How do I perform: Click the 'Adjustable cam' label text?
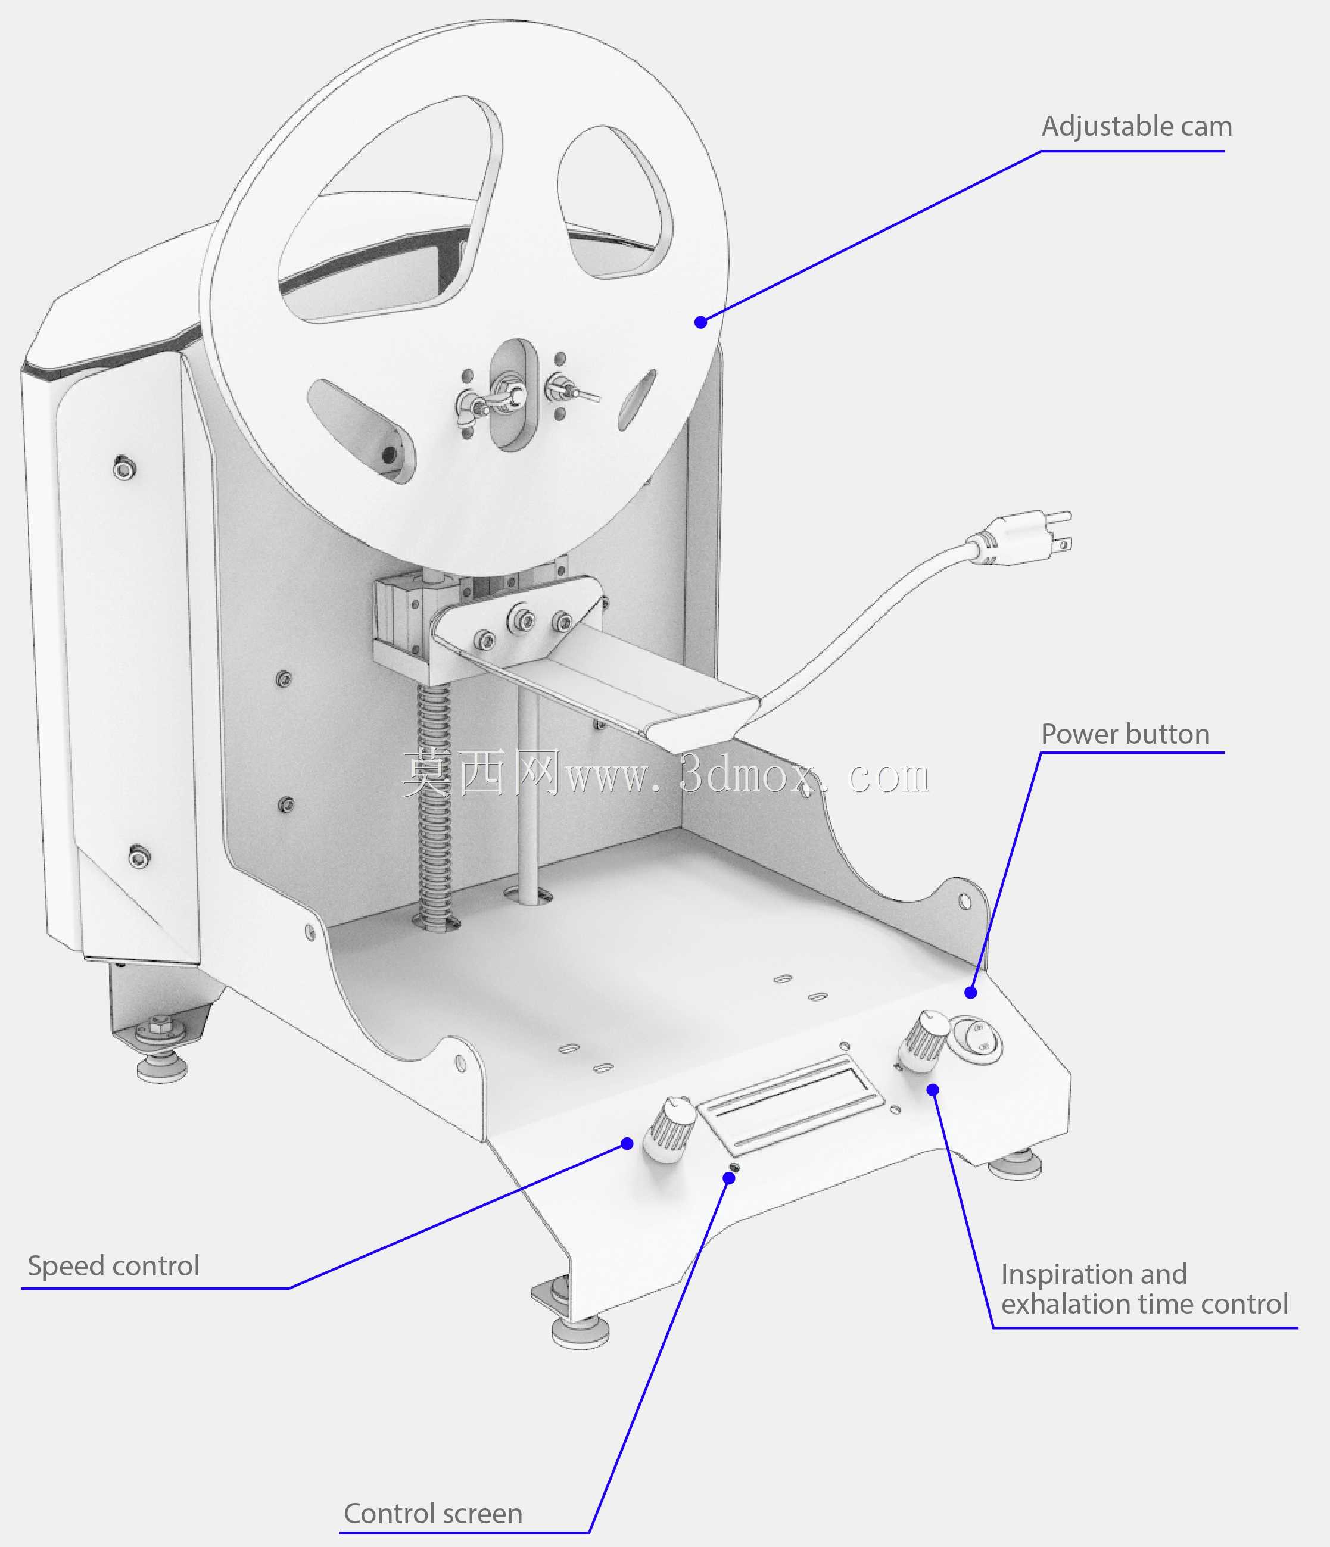pyautogui.click(x=1136, y=126)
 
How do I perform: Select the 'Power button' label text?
pyautogui.click(x=1125, y=734)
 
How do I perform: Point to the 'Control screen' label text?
pyautogui.click(x=432, y=1514)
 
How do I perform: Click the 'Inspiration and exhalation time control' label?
pyautogui.click(x=1144, y=1289)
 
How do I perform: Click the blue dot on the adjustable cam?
pyautogui.click(x=700, y=322)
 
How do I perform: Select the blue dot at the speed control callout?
pyautogui.click(x=627, y=1144)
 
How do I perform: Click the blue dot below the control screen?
pyautogui.click(x=730, y=1177)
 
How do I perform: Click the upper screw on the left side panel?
pyautogui.click(x=124, y=468)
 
